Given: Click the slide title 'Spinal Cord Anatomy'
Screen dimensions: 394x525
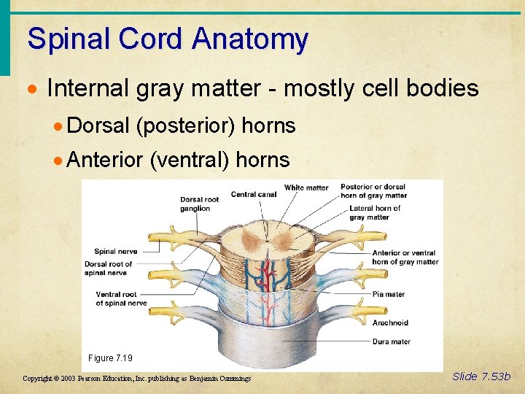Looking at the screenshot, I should [168, 39].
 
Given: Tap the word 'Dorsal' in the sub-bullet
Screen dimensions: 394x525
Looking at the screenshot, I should [98, 125].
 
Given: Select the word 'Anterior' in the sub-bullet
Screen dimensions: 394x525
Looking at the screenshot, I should [104, 159].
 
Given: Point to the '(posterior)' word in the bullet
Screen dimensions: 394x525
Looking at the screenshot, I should [185, 125].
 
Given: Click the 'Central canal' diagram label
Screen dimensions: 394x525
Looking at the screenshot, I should [253, 194].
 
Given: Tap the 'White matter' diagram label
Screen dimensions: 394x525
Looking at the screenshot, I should [306, 188].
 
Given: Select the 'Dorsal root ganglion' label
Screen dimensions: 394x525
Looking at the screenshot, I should [200, 204].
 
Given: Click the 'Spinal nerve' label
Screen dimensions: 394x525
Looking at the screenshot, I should [115, 252].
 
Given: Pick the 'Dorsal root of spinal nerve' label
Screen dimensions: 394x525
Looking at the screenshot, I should [108, 269].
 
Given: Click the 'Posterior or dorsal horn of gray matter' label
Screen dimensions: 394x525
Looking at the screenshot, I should [373, 190].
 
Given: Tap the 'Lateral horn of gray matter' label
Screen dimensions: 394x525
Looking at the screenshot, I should [374, 212].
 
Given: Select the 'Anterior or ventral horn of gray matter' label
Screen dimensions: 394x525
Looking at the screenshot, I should [405, 257].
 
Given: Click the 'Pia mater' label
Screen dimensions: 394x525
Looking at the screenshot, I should [389, 294].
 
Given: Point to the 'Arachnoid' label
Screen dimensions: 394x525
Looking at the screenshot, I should [390, 322].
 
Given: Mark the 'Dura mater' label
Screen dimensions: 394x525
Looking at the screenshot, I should [391, 341].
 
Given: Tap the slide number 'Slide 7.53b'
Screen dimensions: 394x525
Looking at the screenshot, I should [481, 376].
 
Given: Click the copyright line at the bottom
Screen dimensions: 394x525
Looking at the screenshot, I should [137, 379].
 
